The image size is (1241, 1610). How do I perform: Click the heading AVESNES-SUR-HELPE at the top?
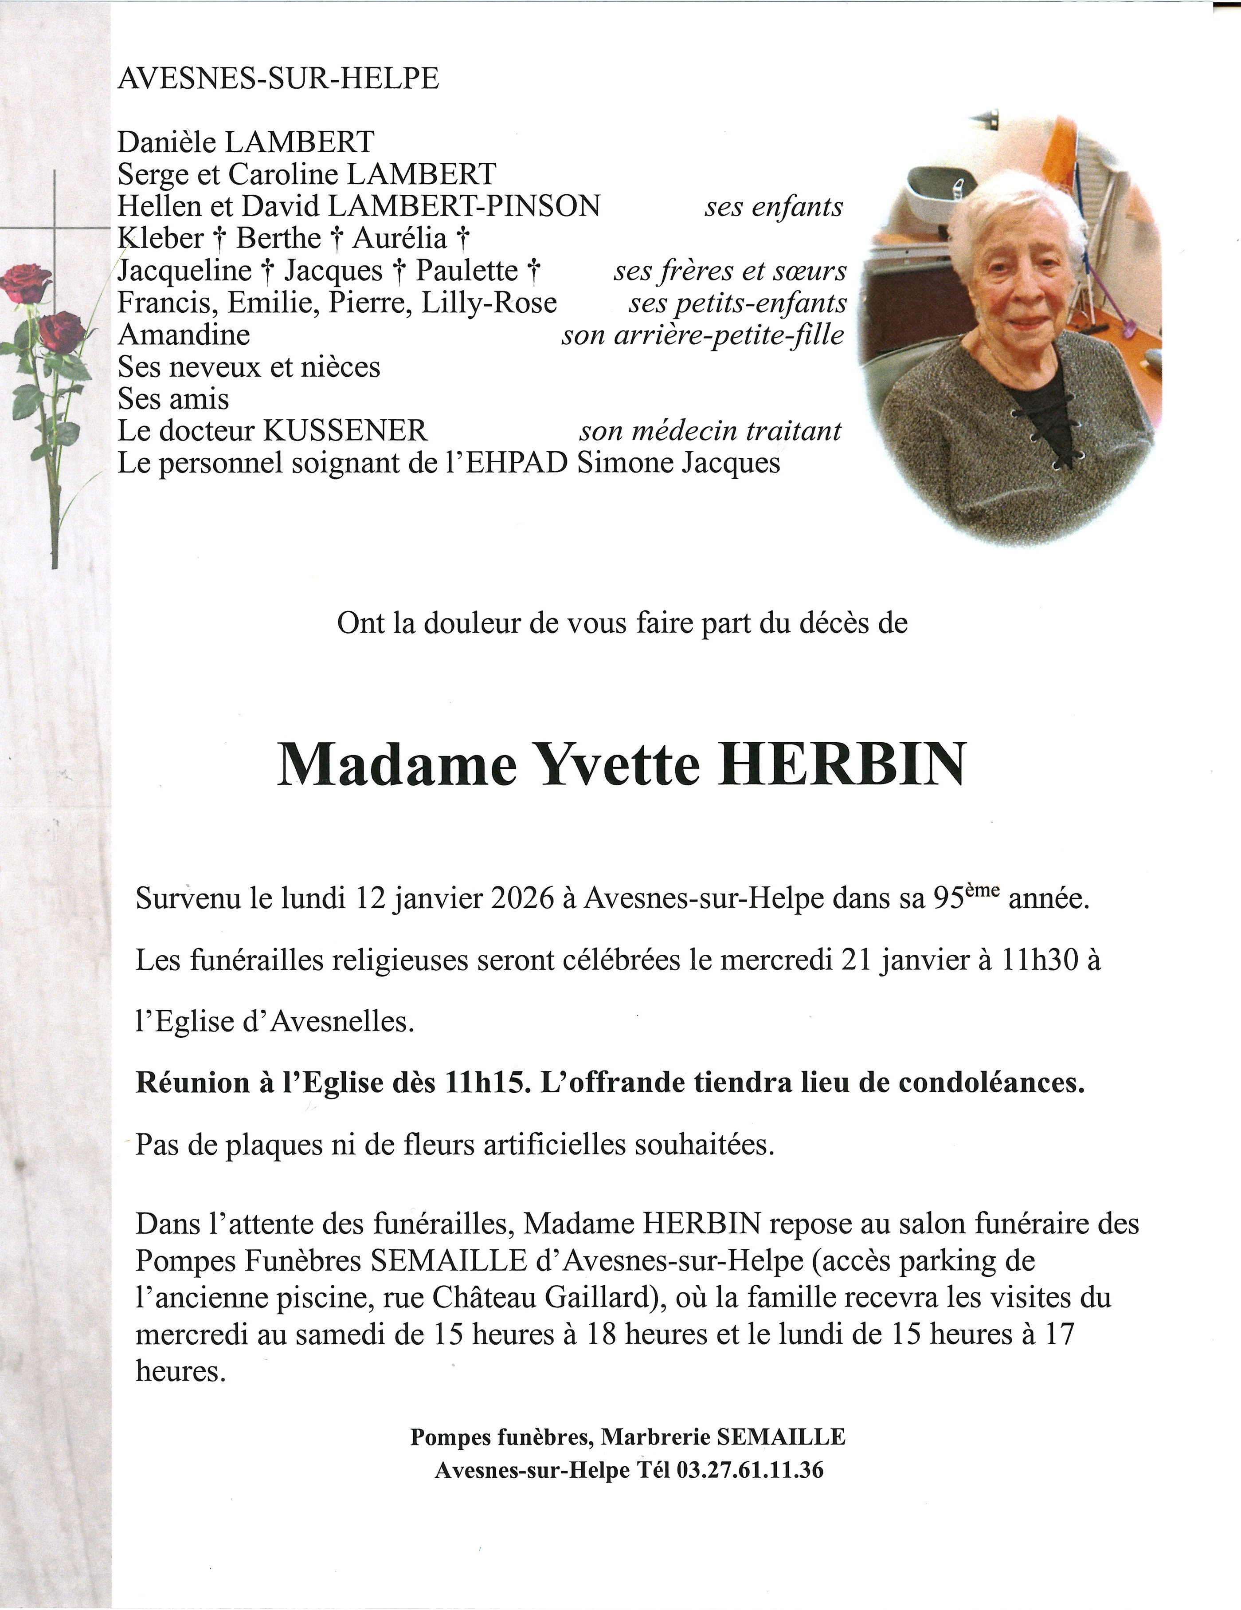[278, 78]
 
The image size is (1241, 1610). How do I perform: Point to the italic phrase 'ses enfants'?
[773, 207]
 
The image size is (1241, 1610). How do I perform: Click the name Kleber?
[160, 238]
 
